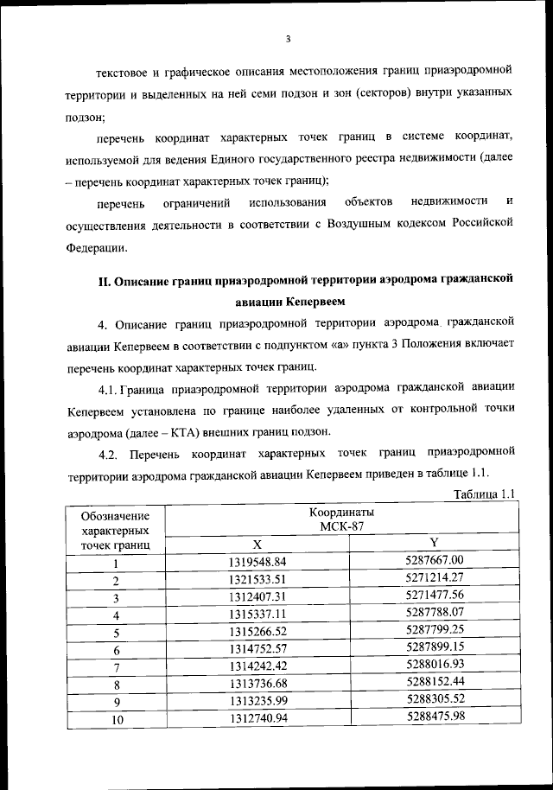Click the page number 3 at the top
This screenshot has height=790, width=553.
tap(289, 38)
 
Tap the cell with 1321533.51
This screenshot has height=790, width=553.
tap(257, 580)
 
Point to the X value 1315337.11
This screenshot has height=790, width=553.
tap(257, 615)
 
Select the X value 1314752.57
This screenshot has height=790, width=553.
tap(257, 649)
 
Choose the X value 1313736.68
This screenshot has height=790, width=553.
tap(257, 684)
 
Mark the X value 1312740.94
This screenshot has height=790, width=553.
tap(257, 718)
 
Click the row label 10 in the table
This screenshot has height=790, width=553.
tap(114, 721)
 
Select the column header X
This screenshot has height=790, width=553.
tap(257, 545)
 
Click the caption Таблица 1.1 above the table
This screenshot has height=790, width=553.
tap(483, 494)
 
